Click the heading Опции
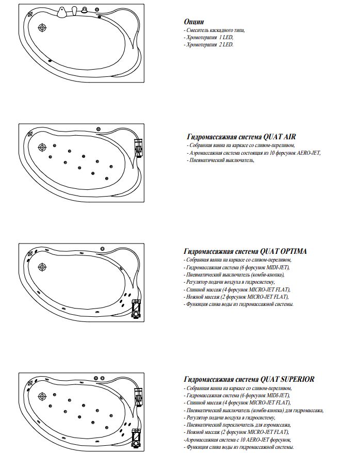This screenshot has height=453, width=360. point(194,22)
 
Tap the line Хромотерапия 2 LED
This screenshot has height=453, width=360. point(208,45)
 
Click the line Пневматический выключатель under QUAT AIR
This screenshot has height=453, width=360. point(222,160)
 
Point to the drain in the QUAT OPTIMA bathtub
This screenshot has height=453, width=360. point(42,267)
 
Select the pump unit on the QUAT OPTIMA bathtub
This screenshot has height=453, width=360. point(135,308)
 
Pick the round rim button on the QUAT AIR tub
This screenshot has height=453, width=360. point(99,128)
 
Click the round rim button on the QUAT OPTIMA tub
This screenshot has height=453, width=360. point(103,249)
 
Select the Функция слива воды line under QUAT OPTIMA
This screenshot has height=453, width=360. point(239,304)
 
